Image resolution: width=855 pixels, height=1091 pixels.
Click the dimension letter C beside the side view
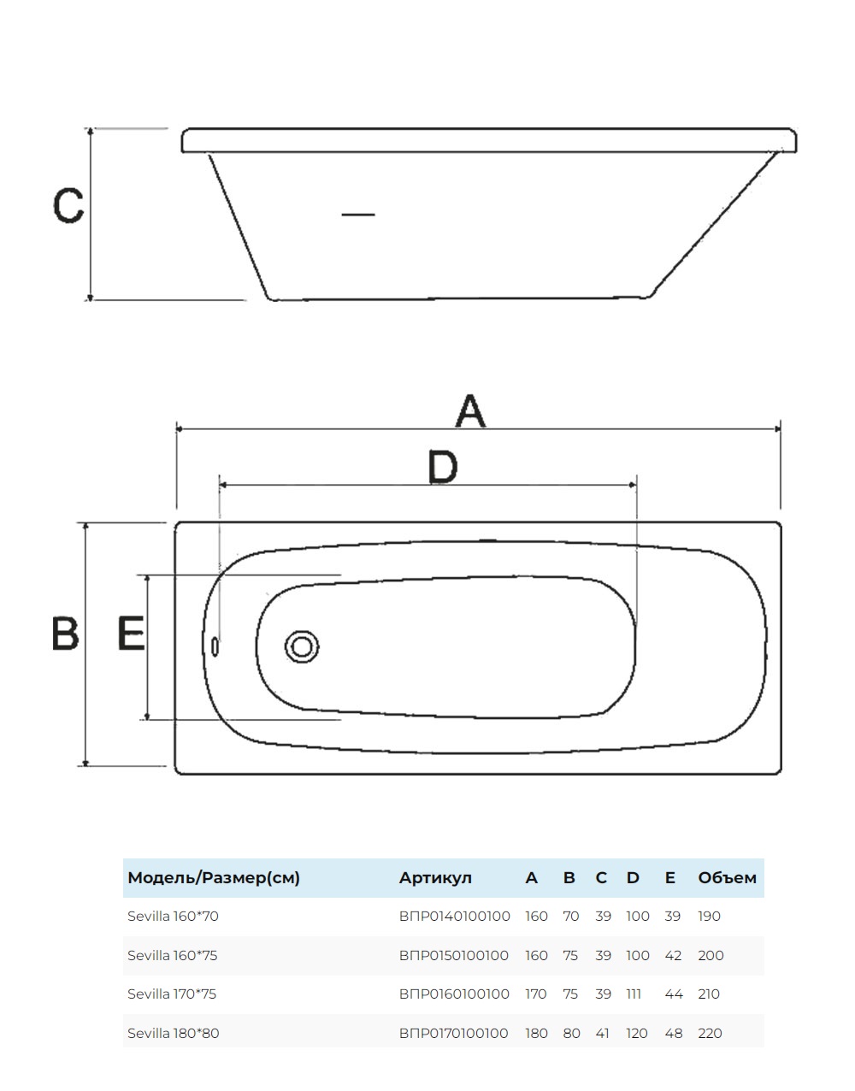pyautogui.click(x=68, y=205)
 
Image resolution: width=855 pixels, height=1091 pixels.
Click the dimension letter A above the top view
pyautogui.click(x=470, y=411)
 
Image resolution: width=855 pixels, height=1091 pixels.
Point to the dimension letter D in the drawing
pyautogui.click(x=443, y=467)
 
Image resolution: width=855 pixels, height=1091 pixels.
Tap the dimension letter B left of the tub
pyautogui.click(x=66, y=634)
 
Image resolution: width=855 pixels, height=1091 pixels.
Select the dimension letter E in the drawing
pyautogui.click(x=131, y=634)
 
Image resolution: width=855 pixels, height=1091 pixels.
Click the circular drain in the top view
pyautogui.click(x=301, y=646)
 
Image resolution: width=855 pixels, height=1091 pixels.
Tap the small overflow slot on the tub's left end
pyautogui.click(x=214, y=647)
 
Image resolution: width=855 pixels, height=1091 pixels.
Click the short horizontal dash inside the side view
pyautogui.click(x=358, y=215)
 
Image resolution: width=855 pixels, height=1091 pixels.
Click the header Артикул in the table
pyautogui.click(x=435, y=878)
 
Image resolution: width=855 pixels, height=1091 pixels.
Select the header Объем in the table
pyautogui.click(x=727, y=878)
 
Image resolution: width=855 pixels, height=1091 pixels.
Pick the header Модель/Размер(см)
pyautogui.click(x=214, y=878)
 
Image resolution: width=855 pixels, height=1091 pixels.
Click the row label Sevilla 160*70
pyautogui.click(x=174, y=917)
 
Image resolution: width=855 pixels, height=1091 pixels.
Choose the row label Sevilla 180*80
pyautogui.click(x=174, y=1033)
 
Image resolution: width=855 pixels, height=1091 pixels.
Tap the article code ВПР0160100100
pyautogui.click(x=454, y=994)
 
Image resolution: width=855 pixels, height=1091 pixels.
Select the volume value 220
pyautogui.click(x=710, y=1033)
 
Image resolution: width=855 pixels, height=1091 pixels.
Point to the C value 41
pyautogui.click(x=603, y=1033)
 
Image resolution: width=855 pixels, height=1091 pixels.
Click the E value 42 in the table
pyautogui.click(x=673, y=956)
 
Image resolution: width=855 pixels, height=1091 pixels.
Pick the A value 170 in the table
pyautogui.click(x=536, y=994)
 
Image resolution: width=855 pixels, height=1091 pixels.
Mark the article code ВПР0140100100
pyautogui.click(x=454, y=917)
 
